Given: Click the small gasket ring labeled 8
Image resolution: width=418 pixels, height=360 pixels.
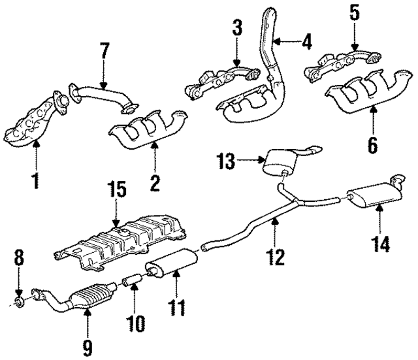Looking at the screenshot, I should (x=20, y=301).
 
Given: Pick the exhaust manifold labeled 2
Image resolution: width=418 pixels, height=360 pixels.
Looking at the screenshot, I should (x=151, y=129).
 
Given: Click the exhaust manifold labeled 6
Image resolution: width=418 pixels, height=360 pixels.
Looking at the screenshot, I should (x=366, y=91).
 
